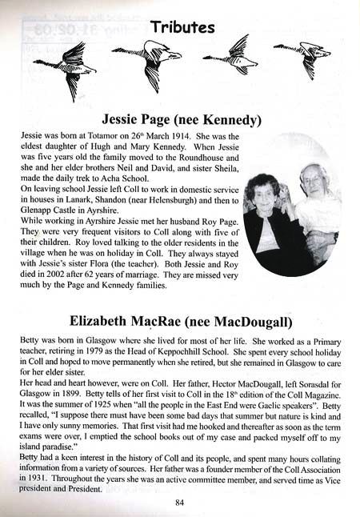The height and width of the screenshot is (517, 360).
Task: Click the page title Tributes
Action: click(180, 27)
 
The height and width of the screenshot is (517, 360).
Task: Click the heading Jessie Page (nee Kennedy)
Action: click(180, 121)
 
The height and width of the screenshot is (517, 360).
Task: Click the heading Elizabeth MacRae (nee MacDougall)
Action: click(180, 322)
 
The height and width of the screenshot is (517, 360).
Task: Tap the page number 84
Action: click(180, 503)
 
